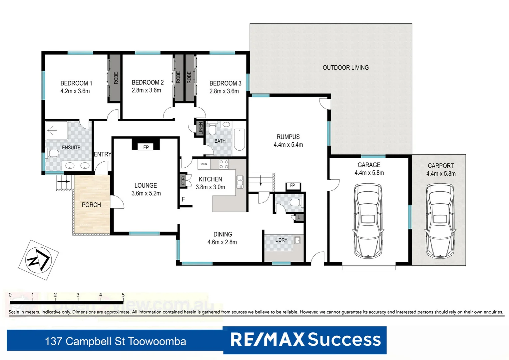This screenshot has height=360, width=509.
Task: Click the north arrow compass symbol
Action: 38,260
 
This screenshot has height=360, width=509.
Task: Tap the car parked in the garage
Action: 368,221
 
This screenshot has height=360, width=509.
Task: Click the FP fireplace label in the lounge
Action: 146,147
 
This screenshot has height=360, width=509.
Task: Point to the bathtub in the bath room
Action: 239,140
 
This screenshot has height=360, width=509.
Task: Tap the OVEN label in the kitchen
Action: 204,164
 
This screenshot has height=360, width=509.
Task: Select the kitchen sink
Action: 240,182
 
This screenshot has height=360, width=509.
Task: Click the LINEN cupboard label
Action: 201,128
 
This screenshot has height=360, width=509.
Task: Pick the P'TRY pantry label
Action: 183,180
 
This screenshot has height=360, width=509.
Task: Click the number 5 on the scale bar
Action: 123,295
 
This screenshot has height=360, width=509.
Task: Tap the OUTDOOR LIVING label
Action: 345,68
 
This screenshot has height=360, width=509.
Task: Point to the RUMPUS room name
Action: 288,137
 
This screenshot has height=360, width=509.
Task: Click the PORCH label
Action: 91,205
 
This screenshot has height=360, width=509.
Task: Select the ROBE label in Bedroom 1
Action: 116,78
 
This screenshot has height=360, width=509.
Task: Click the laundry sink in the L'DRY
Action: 297,240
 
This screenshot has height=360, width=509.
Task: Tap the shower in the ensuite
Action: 56,130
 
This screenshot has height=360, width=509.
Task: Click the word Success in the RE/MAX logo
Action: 344,340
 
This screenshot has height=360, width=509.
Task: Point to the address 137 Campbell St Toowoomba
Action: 115,341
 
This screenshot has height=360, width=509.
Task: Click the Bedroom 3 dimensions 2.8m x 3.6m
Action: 224,91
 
